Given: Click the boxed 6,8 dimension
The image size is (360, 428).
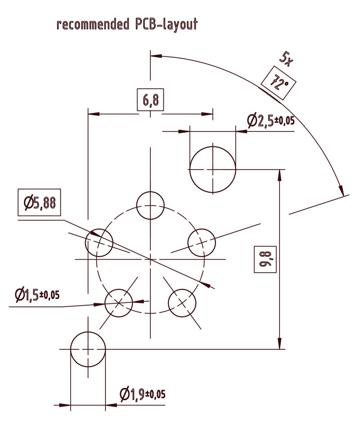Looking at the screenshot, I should [x=150, y=100].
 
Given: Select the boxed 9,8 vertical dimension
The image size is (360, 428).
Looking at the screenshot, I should [x=265, y=259].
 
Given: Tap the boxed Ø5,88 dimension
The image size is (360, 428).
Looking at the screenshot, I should [x=40, y=203].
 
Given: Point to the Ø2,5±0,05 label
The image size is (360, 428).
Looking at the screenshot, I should [x=271, y=121].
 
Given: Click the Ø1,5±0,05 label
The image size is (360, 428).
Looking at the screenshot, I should [x=37, y=295].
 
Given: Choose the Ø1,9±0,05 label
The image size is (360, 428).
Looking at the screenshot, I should [x=143, y=395].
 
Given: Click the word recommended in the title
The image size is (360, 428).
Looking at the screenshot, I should [x=93, y=24].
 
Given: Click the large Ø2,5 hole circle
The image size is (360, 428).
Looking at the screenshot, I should [x=213, y=169].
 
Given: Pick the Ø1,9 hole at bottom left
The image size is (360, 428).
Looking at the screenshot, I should [x=88, y=349].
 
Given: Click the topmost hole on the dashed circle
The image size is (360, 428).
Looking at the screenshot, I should [x=150, y=205].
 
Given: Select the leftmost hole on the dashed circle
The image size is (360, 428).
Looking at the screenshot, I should [x=99, y=243].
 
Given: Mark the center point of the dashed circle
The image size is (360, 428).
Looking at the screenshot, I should [x=150, y=259].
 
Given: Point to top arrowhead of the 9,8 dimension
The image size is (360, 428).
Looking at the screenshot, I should [x=280, y=174].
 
